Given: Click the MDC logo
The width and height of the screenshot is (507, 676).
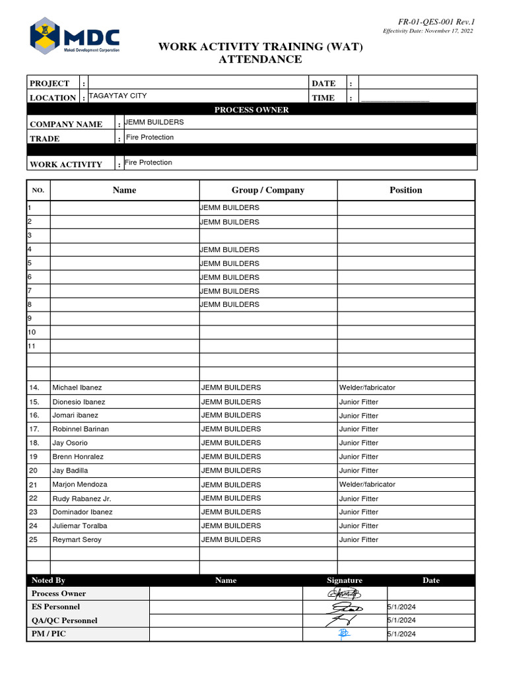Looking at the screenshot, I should click(x=74, y=36).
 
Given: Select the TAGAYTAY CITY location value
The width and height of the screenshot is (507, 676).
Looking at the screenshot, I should click(x=118, y=96).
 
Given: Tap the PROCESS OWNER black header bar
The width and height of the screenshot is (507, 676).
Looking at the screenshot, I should click(x=251, y=110).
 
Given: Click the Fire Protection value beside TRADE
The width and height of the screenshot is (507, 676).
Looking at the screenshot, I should click(x=149, y=137).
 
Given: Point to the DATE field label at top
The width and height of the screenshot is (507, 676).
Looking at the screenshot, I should click(x=323, y=83).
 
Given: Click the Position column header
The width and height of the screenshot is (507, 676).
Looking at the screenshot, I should click(x=405, y=190).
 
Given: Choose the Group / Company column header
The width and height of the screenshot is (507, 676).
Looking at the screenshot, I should click(x=267, y=190).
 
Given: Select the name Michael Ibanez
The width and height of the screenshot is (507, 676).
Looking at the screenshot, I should click(x=77, y=388).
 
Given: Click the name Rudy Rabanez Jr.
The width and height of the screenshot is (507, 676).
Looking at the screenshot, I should click(x=82, y=498).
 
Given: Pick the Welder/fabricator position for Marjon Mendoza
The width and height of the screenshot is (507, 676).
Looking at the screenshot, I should click(x=367, y=484).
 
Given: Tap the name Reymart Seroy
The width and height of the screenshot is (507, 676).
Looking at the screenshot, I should click(x=77, y=540).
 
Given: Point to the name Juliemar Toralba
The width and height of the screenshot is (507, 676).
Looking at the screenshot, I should click(x=79, y=526).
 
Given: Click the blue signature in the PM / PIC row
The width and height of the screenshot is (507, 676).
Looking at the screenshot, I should click(x=343, y=634).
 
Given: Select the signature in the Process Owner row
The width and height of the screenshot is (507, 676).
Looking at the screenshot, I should click(x=343, y=593).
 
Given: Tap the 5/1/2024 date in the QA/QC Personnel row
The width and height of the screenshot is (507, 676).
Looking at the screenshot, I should click(x=401, y=621).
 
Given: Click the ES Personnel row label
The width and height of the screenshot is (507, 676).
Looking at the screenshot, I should click(x=55, y=607).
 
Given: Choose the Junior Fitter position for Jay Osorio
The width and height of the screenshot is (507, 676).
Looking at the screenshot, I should click(x=358, y=443).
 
